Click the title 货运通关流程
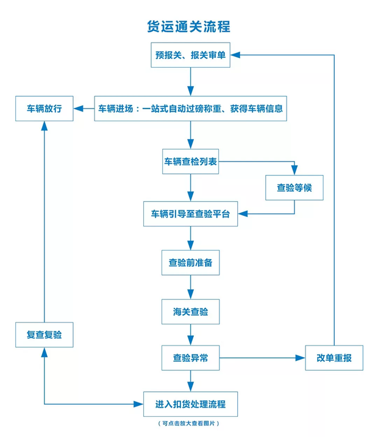189,27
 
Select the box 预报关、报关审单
190,55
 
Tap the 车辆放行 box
44,109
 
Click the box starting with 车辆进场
190,109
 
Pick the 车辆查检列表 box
190,162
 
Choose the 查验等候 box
294,188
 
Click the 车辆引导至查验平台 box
190,214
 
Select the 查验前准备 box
190,263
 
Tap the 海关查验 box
190,311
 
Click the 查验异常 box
190,358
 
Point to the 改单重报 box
334,358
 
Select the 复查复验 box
44,335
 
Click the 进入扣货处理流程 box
190,404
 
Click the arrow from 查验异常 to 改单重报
262,358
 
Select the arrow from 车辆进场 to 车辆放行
84,110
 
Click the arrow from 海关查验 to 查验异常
190,335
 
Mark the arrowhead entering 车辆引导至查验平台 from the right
243,214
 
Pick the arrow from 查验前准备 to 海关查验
190,287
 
